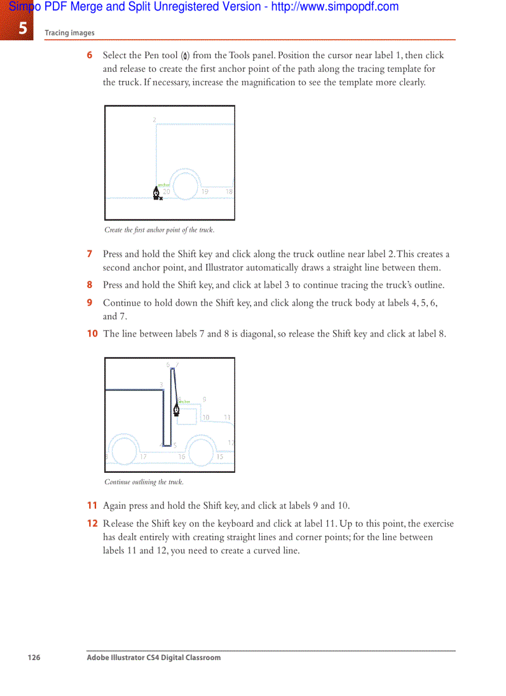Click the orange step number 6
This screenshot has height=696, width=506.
[x=89, y=55]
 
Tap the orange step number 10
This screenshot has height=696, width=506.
[x=92, y=333]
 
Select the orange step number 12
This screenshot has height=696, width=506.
[x=92, y=524]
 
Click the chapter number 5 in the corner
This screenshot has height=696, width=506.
[x=22, y=28]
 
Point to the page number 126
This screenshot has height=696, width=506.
[x=33, y=658]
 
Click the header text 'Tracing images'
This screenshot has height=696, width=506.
[x=69, y=33]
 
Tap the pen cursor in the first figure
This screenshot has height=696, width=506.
[x=156, y=193]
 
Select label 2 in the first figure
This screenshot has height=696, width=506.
[x=154, y=120]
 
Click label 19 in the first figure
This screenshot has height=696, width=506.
[x=205, y=192]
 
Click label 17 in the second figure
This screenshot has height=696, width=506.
[x=143, y=457]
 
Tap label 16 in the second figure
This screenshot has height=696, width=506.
[x=182, y=457]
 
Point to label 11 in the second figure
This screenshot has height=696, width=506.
[x=227, y=418]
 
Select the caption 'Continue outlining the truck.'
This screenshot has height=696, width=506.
[x=144, y=482]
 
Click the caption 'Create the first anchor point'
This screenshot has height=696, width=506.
[x=159, y=230]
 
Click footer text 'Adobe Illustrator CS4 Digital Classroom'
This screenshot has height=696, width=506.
[x=153, y=658]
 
